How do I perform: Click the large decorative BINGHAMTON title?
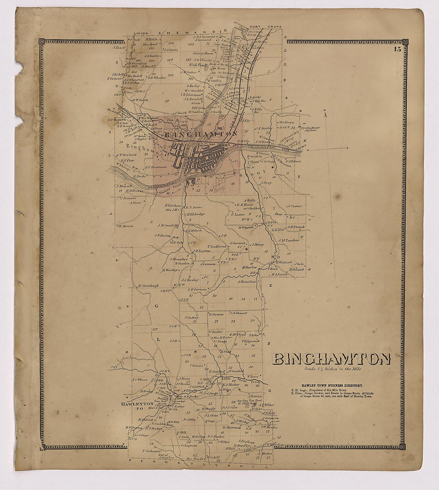pos(331,360)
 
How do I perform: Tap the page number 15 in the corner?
pos(397,50)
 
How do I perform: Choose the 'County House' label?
pos(202,53)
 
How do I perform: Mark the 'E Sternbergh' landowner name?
pos(148,286)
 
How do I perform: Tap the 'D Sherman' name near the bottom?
pos(232,427)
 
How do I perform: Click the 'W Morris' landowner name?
pos(125,226)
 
